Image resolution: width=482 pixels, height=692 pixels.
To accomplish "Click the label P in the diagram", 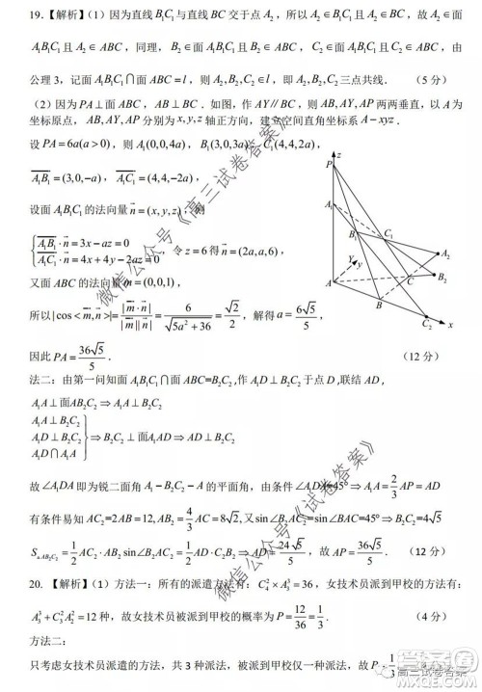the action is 329,164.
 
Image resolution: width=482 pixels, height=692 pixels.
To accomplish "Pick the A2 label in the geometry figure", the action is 445,254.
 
